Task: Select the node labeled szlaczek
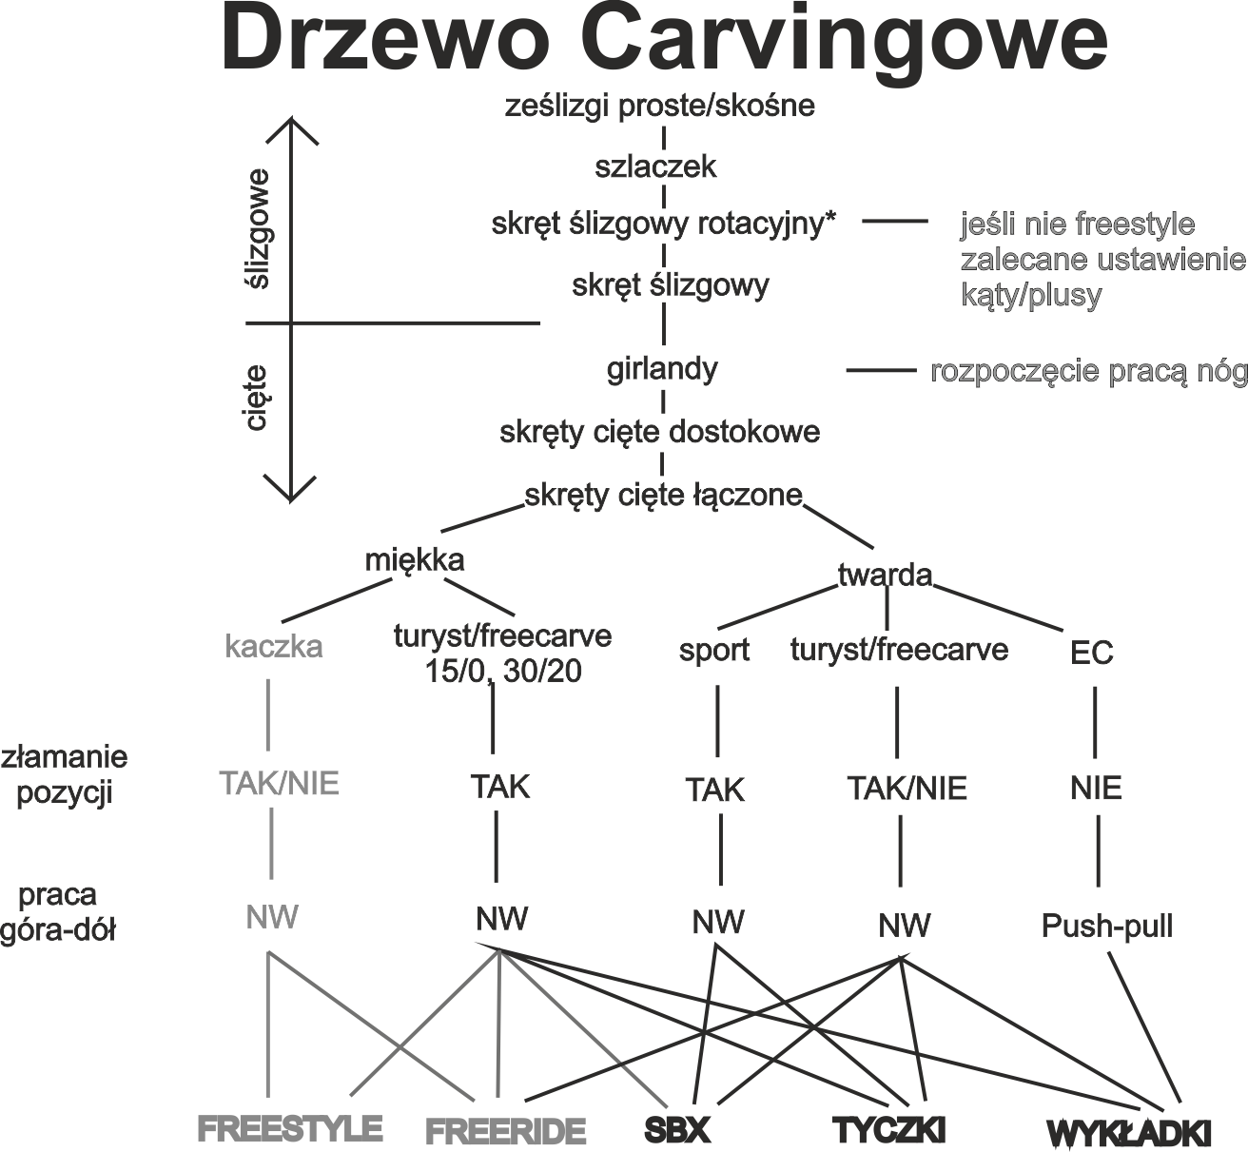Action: coord(655,167)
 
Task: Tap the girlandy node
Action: coord(662,369)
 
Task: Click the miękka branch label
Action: coord(415,559)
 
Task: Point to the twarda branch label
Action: coord(884,575)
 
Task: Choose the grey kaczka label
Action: coord(274,647)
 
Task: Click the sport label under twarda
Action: coord(714,651)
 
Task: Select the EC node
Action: coord(1091,653)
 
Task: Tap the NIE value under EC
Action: coord(1096,789)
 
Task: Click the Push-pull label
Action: coord(1107,926)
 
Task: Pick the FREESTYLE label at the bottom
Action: coord(290,1128)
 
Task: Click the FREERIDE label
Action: coord(504,1132)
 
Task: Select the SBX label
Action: coord(677,1130)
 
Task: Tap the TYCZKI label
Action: coord(888,1130)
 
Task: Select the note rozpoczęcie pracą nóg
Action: coord(1087,372)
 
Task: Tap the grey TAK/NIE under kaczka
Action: coord(279,784)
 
